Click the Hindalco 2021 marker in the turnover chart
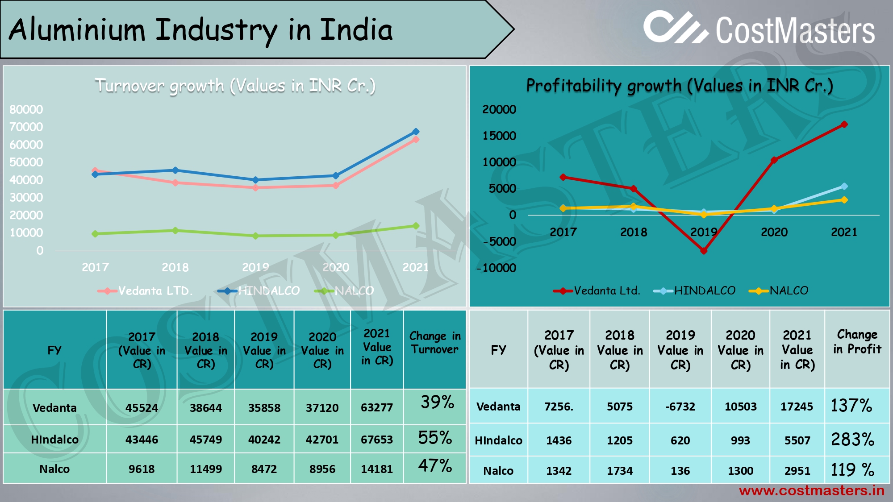click(x=416, y=132)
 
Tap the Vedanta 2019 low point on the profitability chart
click(x=704, y=251)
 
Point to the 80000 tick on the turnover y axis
click(x=26, y=110)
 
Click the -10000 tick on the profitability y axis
click(x=497, y=268)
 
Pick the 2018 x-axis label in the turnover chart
click(x=175, y=267)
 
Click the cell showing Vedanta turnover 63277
click(x=377, y=407)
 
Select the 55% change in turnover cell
click(x=435, y=438)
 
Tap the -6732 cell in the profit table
click(x=680, y=407)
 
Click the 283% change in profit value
click(x=852, y=440)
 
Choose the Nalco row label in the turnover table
click(x=54, y=469)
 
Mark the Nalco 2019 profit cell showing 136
click(x=680, y=471)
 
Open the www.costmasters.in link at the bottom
click(x=811, y=491)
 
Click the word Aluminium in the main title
click(x=77, y=30)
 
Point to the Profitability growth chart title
click(x=679, y=86)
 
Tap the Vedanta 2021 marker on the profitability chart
click(x=844, y=124)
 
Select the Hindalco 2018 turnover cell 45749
click(x=205, y=440)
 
